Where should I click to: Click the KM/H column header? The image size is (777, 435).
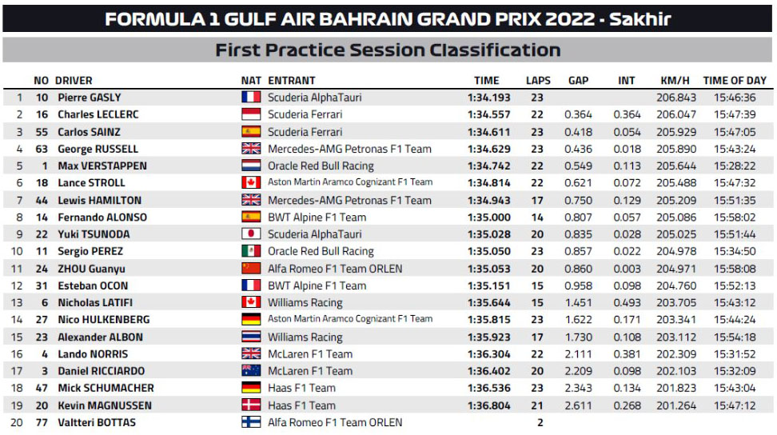675,80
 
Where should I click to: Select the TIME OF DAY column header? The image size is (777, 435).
735,80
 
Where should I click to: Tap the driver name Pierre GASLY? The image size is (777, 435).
90,98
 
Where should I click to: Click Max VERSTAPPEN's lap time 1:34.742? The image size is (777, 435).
488,166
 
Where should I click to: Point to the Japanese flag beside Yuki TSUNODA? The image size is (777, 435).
251,233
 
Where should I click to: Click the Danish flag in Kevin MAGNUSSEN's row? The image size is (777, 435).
251,405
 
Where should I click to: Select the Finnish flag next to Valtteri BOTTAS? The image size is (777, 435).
251,422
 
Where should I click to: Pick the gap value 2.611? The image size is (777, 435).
578,405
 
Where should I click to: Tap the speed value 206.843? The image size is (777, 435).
676,98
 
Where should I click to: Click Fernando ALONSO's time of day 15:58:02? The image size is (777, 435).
735,217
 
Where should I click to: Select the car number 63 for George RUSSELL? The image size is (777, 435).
42,149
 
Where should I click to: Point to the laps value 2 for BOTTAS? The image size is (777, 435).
540,423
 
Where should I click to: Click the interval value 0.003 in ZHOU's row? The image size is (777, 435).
627,269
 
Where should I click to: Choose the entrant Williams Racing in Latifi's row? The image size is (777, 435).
305,303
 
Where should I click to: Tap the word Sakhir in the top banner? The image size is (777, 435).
640,19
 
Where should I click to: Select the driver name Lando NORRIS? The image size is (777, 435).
93,354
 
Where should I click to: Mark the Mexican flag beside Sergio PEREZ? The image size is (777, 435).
251,251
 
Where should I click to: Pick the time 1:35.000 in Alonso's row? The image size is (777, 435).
488,217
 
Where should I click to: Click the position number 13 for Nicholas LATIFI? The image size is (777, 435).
17,303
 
